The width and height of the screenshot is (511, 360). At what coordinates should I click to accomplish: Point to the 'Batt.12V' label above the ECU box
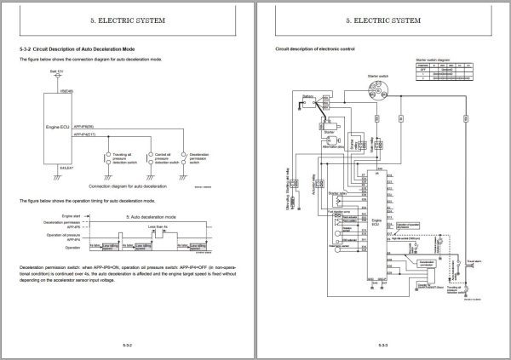pyautogui.click(x=57, y=73)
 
